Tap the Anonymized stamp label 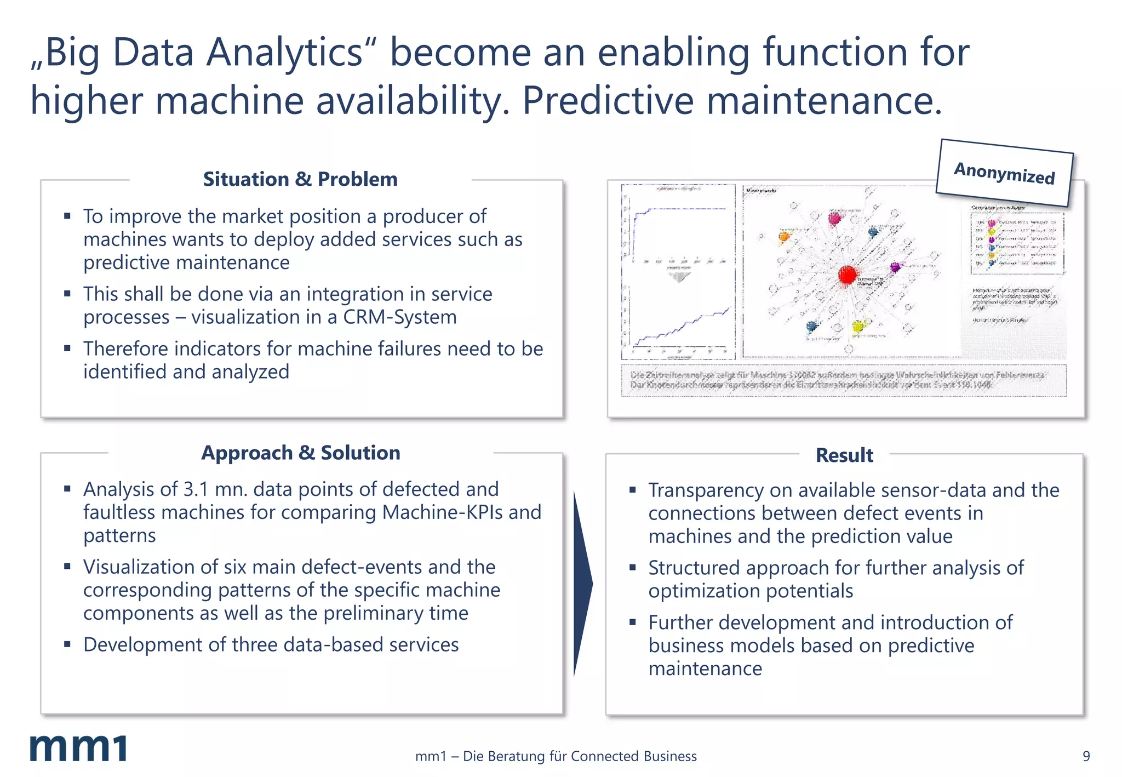coord(1004,173)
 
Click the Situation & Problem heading coord(300,179)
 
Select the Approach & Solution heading coord(301,453)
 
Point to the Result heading coord(844,455)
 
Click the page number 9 coord(1086,756)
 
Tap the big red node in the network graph coord(847,275)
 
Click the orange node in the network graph coord(784,236)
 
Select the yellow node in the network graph coord(857,327)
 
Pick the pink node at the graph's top coord(834,219)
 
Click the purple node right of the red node coord(895,267)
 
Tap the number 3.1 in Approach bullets coord(196,489)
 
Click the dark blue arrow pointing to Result coord(582,584)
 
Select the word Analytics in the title coord(285,53)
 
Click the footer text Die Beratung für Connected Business coord(580,756)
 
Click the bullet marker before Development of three coord(67,644)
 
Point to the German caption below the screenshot coord(843,380)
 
